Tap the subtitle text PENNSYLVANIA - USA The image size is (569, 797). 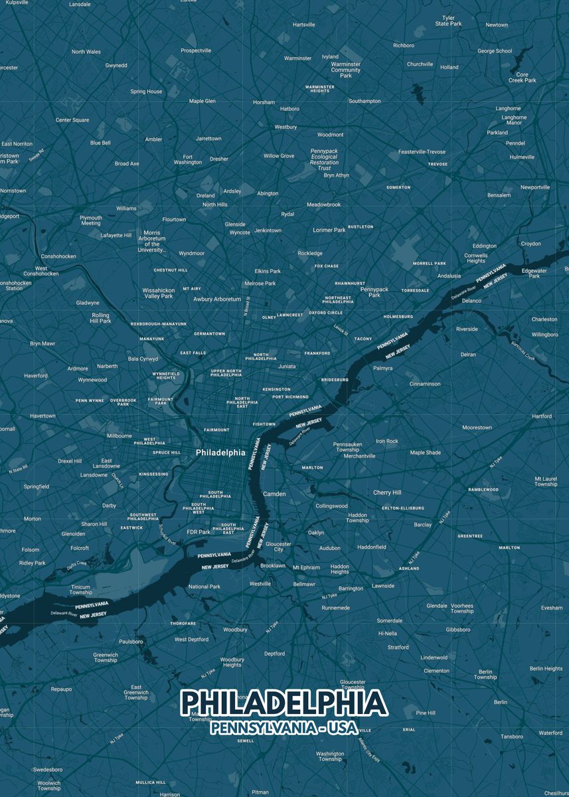284,728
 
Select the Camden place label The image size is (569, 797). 274,494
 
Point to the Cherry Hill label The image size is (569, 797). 387,493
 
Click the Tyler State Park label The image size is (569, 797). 448,21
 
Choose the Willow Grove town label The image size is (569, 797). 279,156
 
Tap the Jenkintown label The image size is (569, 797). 268,230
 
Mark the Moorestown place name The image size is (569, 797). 477,428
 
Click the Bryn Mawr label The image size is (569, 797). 42,344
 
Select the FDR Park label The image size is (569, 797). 199,532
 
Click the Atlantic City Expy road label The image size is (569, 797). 368,750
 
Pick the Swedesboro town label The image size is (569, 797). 48,770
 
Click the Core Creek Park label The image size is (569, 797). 522,78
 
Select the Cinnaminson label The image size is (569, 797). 425,384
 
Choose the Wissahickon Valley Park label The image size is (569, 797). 159,293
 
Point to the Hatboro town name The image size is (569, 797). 289,109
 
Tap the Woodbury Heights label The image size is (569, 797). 232,662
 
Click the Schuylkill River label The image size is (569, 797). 168,533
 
